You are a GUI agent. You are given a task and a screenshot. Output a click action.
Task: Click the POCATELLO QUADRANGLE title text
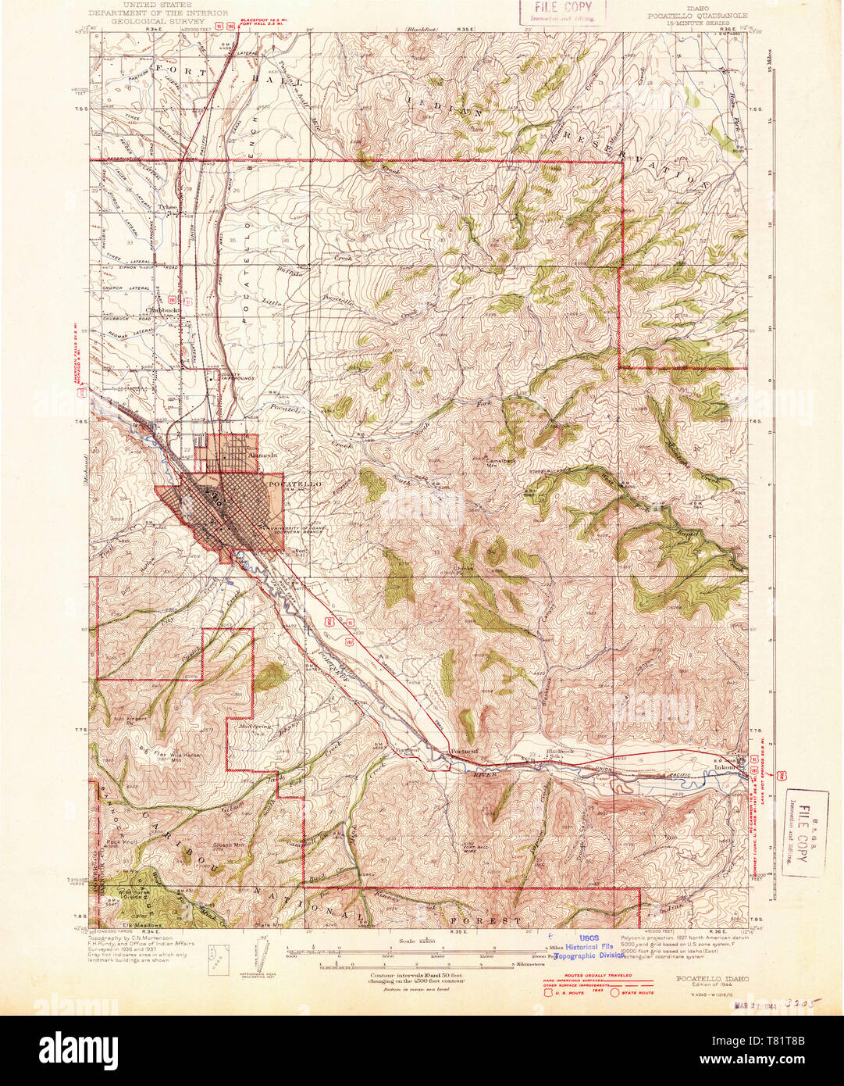pyautogui.click(x=696, y=15)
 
